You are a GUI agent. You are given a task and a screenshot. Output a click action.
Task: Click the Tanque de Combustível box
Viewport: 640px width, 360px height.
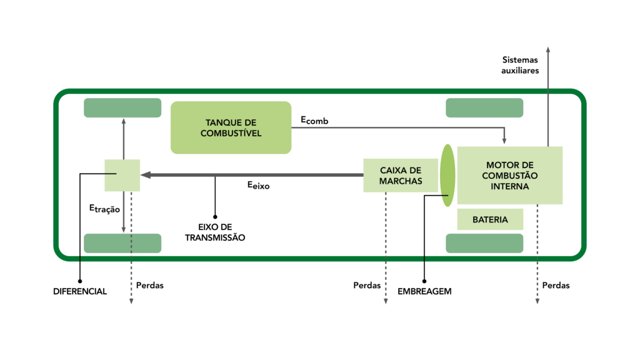[231, 127]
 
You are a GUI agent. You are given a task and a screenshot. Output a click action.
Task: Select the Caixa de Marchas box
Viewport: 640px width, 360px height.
[401, 176]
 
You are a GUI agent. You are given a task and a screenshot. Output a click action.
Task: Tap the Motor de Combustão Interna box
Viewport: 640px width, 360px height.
[510, 176]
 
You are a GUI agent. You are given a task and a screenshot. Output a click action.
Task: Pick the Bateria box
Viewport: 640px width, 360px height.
[490, 219]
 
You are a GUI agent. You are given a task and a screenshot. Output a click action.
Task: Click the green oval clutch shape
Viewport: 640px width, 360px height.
[447, 176]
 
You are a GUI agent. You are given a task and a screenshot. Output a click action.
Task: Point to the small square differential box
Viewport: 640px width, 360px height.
[122, 176]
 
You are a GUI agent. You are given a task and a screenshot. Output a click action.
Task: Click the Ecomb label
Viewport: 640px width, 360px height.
[314, 121]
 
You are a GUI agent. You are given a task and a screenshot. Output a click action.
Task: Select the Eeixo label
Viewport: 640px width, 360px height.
[258, 186]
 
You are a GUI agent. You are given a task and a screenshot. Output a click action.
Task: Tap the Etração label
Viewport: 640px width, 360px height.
[104, 209]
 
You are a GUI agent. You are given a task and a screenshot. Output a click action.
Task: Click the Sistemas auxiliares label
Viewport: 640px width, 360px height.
[520, 65]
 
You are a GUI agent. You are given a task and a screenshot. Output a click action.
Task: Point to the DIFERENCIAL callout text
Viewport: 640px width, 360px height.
[80, 291]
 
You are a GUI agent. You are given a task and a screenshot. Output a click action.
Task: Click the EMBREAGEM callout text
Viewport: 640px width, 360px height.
[424, 291]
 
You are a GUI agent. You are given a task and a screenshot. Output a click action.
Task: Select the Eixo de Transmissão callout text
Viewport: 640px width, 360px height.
[215, 232]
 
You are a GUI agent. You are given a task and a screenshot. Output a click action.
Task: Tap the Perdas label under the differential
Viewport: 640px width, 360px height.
[150, 285]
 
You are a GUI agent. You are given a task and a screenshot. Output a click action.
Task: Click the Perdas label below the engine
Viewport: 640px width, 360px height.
[556, 285]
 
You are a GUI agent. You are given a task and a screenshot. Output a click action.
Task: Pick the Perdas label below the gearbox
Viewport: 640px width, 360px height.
[367, 285]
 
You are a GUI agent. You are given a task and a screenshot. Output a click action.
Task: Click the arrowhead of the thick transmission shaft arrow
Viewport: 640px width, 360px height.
[145, 175]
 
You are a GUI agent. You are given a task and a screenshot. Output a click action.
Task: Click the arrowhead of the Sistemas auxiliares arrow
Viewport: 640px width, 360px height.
[548, 49]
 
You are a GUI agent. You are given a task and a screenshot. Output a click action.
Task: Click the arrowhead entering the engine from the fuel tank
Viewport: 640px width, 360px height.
[504, 141]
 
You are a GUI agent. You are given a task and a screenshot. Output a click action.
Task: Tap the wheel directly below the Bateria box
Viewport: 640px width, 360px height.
[484, 243]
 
